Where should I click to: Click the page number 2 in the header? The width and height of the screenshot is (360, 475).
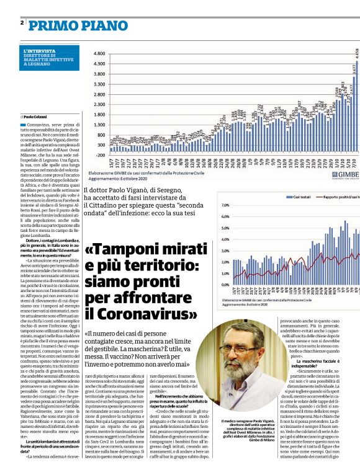[22, 22]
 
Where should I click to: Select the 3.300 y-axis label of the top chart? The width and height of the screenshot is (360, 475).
[98, 84]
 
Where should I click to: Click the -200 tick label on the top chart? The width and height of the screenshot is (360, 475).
[99, 155]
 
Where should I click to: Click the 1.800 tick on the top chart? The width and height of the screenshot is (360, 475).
[98, 114]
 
